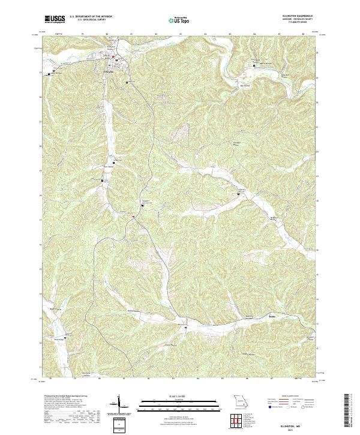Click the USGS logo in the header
coord(55,19)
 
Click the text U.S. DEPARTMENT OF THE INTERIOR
coord(91,17)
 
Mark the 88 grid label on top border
coord(304,34)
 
